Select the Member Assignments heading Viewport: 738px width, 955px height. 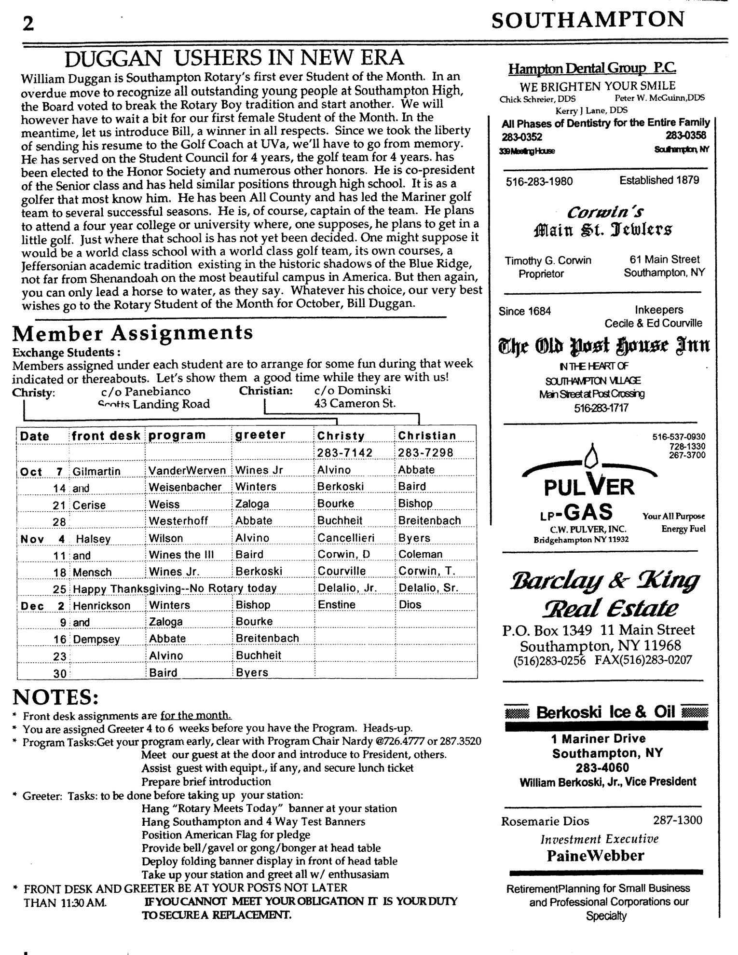point(133,333)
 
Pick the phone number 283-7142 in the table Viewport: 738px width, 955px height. point(341,452)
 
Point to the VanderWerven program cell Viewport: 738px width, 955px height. point(187,470)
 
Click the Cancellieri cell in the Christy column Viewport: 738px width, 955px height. point(346,537)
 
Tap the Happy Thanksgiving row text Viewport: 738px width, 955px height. point(175,588)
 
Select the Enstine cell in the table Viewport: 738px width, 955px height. point(336,605)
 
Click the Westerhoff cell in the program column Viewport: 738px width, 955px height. point(178,520)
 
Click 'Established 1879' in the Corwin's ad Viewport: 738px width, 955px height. point(659,180)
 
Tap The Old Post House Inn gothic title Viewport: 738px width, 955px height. point(604,345)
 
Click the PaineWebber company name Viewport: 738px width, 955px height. point(595,856)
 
